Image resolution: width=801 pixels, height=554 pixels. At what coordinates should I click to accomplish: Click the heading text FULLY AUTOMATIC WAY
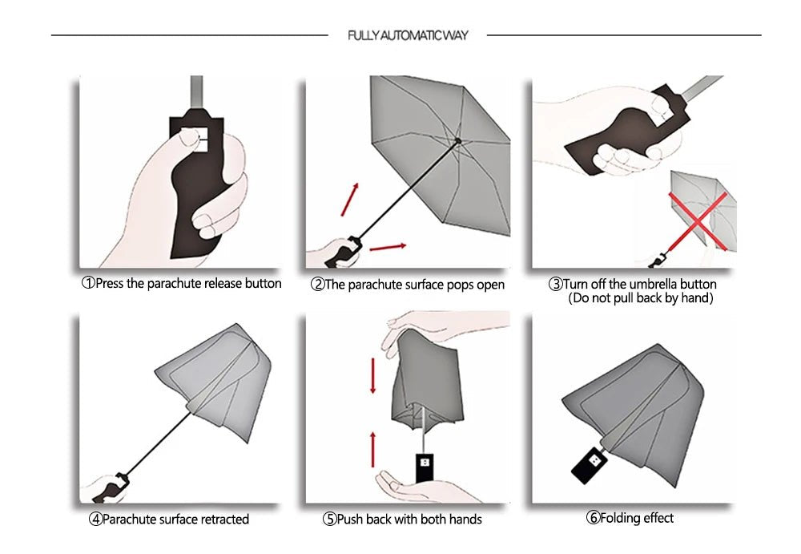pos(408,35)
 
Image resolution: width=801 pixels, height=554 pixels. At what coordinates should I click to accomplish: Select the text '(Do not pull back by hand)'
pos(640,298)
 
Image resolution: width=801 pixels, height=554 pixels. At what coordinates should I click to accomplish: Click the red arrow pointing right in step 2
pos(387,245)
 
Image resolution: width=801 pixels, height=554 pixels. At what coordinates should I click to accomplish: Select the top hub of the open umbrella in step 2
pos(457,140)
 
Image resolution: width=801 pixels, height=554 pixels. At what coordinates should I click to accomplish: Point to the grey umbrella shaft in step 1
pos(195,95)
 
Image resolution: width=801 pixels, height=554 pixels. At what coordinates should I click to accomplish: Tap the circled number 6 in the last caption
pos(594,518)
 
